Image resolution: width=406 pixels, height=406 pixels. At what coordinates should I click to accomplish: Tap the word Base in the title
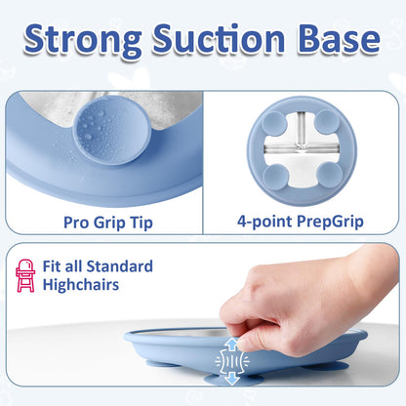(x=338, y=41)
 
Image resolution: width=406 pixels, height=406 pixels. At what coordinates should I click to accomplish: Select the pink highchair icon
(x=25, y=276)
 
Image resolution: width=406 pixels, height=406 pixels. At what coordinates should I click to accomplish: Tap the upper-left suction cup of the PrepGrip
(x=275, y=125)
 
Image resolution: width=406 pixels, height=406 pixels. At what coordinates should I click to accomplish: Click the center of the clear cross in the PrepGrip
(x=303, y=148)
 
